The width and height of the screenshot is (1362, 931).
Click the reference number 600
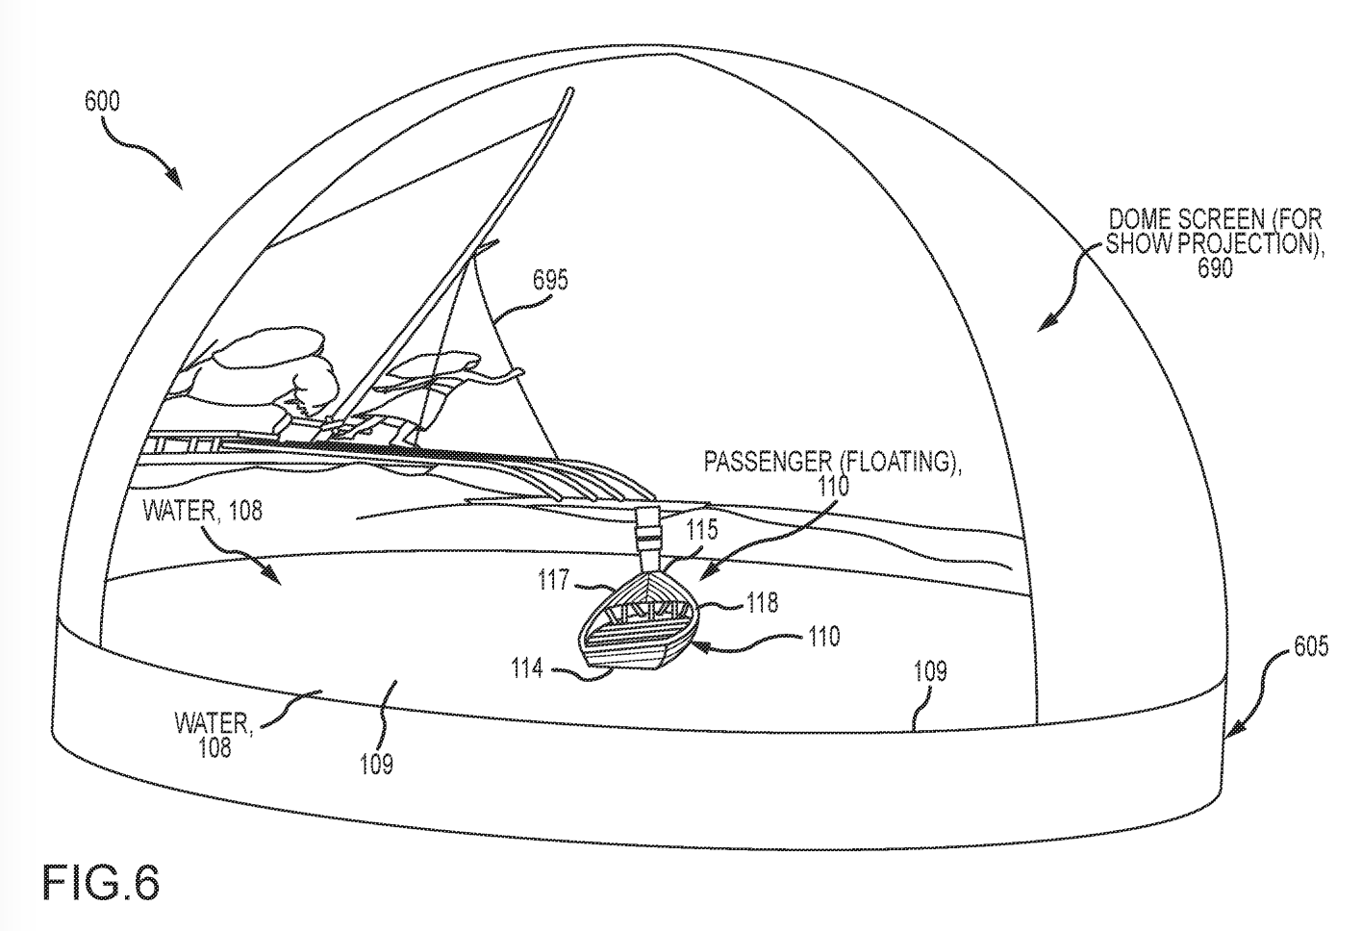coord(102,101)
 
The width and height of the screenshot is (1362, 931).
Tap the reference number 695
coord(550,280)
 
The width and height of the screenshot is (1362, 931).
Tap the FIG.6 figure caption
coord(100,882)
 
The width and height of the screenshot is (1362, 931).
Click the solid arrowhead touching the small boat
coord(702,648)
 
